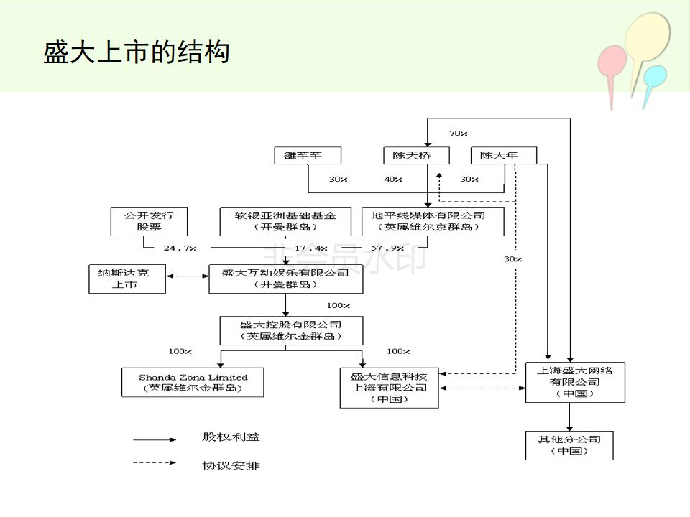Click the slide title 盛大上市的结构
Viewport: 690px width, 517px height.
click(137, 52)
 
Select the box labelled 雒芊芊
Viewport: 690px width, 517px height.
click(308, 155)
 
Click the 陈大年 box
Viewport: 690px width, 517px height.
click(503, 155)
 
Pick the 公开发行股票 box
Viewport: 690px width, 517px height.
click(149, 221)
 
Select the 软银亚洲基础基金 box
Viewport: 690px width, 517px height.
click(285, 221)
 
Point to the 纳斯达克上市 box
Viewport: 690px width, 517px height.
click(127, 279)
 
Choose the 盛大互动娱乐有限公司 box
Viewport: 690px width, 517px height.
click(285, 279)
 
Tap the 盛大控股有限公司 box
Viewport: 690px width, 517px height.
click(290, 330)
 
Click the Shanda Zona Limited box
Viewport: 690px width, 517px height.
click(193, 382)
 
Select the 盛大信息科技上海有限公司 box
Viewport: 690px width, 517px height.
click(389, 388)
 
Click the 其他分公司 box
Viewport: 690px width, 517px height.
click(569, 445)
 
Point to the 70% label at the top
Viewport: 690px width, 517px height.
click(459, 134)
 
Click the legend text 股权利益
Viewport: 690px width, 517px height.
click(231, 437)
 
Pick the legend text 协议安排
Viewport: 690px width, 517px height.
click(231, 465)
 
